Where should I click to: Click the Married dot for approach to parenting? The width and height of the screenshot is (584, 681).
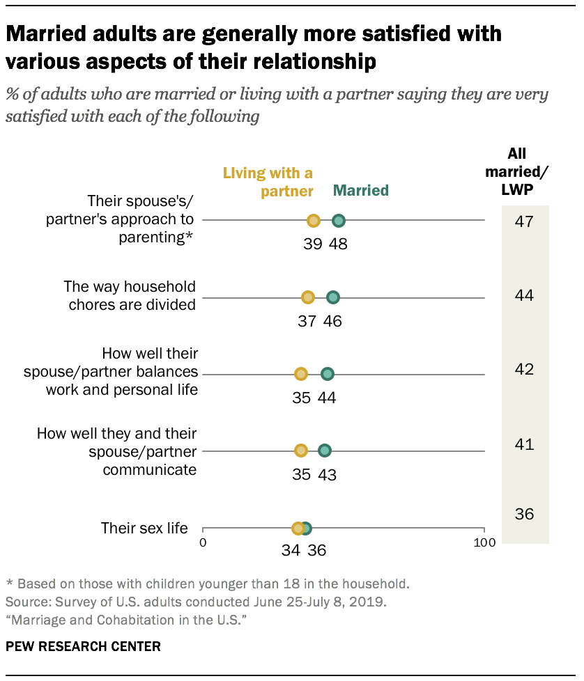coord(339,221)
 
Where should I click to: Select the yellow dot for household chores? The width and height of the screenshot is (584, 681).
coord(308,297)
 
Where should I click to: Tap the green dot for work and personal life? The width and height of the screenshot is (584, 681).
coord(328,374)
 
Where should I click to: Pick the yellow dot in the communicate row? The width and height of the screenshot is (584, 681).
coord(301,451)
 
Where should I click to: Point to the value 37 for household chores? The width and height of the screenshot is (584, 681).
coord(307,321)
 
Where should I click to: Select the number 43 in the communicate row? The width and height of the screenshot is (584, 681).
coord(328,474)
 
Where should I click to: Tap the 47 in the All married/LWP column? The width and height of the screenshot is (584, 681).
coord(524,222)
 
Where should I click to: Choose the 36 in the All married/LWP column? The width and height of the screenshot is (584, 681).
coord(524,515)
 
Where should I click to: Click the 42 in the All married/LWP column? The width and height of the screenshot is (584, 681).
coord(524,369)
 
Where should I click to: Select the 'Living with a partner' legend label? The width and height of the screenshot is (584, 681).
coord(268,182)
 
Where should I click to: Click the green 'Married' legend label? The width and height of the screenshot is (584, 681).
coord(361,190)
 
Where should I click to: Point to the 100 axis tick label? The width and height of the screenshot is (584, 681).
coord(483,542)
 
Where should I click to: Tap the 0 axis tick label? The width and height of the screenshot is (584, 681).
coord(203,542)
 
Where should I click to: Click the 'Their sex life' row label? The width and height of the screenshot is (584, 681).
coord(144,528)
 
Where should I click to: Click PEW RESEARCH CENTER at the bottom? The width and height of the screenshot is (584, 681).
coord(83,647)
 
